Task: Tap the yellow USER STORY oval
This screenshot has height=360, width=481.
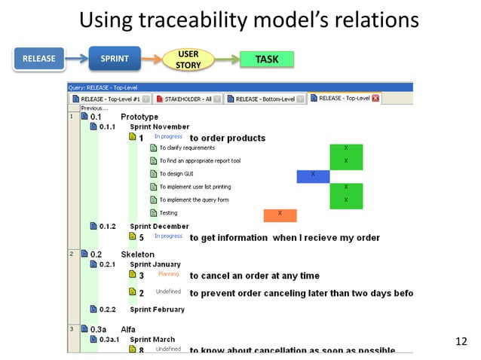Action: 188,59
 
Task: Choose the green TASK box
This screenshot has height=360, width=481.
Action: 266,59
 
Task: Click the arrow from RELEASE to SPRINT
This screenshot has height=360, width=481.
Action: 73,59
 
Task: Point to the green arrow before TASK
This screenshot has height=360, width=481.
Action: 225,59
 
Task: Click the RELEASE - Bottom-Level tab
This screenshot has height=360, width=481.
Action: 268,99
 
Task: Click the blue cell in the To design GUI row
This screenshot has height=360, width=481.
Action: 314,175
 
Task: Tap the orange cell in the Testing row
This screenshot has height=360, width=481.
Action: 280,215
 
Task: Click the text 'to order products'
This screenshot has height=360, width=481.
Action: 227,138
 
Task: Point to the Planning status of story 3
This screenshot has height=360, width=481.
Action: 168,275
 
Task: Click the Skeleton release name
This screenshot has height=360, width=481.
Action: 137,255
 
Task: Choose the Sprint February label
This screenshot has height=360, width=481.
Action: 157,309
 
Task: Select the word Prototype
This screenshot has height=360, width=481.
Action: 139,117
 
